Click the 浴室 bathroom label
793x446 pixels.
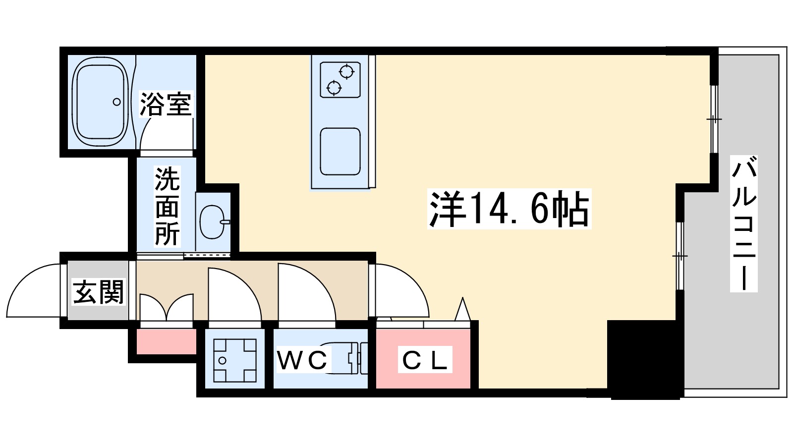tap(166, 104)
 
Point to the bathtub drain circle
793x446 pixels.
tap(116, 102)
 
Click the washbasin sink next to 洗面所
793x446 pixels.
tap(213, 222)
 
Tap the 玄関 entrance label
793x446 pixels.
tap(98, 292)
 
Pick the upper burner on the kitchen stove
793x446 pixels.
tap(346, 72)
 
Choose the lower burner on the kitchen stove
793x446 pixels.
tap(334, 88)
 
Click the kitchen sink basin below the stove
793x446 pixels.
tap(340, 152)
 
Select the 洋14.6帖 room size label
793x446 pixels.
tap(509, 209)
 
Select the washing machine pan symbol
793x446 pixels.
tap(235, 360)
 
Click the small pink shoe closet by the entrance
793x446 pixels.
tap(167, 341)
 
